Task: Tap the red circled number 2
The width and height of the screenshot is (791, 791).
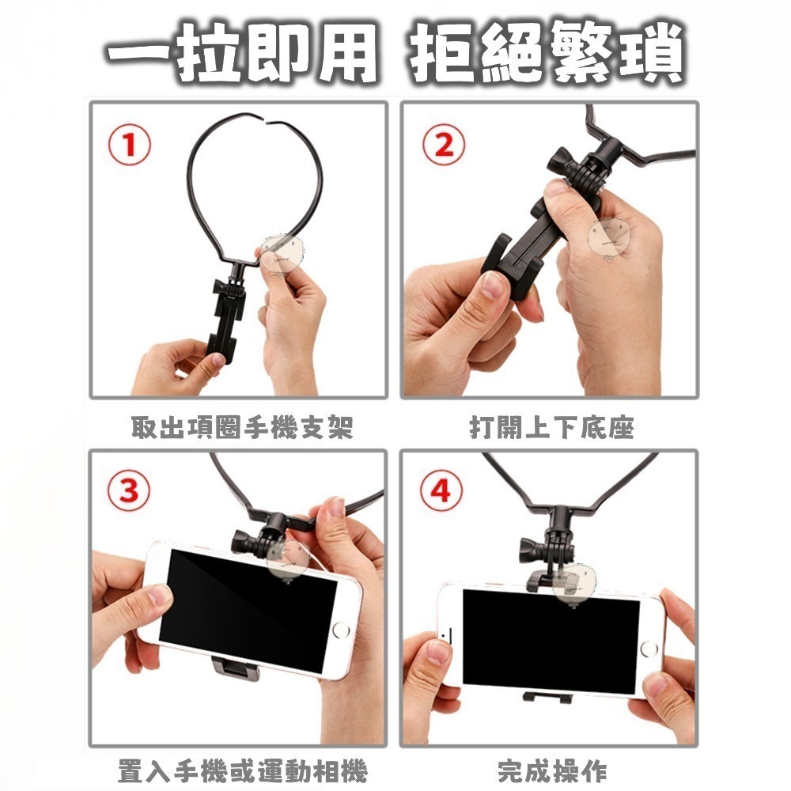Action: pos(444,145)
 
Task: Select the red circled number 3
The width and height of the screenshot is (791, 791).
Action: pos(129,490)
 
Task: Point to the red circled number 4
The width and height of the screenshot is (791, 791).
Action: pos(441,490)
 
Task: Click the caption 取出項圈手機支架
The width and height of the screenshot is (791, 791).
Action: pos(242,428)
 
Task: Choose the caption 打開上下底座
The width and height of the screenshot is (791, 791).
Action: pos(551,428)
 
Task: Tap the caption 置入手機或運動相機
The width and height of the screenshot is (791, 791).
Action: pos(243,771)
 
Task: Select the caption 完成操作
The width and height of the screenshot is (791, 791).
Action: pos(552,771)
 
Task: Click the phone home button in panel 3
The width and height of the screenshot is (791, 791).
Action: pos(341,630)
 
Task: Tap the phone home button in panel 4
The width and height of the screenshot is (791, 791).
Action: pos(649,649)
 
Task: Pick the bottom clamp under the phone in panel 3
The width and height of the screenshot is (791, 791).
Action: pos(236,668)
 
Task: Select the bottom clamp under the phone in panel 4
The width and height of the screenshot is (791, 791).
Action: pos(547,698)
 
